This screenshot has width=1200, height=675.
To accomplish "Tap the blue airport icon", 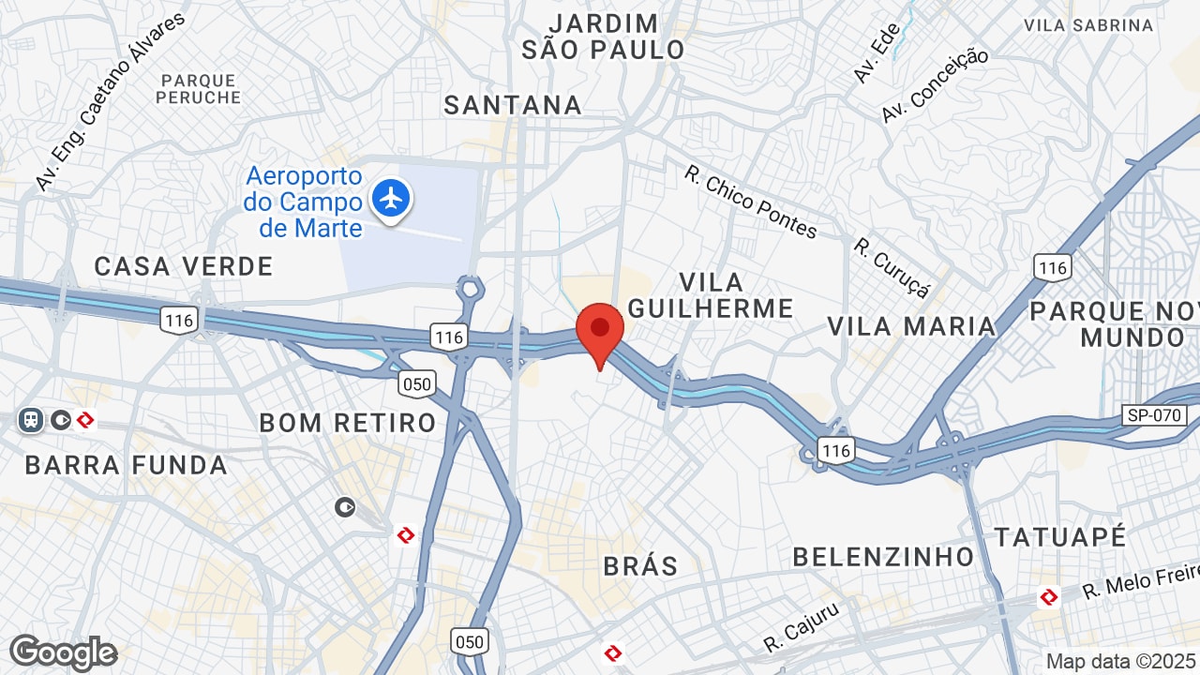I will point(390,198).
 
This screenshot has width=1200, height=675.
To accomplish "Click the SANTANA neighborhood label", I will point(513,105).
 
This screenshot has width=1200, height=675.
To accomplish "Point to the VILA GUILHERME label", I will point(711,294).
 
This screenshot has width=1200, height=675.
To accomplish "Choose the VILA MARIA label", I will point(910,326).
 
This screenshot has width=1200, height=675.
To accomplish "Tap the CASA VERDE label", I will point(184,266).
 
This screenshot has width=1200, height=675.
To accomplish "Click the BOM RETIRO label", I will point(348,423).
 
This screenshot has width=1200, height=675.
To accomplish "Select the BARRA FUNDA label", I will point(127,465).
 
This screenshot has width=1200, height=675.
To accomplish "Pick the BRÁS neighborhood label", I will point(640,566).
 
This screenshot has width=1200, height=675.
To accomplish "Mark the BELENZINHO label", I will point(883,557).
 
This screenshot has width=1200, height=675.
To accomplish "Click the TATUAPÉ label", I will point(1059,537).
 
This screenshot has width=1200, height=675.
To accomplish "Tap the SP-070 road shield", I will point(1154,415).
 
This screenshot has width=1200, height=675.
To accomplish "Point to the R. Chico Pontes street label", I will point(750,201).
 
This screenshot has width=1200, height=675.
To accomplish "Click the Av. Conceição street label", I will point(935,85).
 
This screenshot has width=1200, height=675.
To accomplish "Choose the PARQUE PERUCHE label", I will point(199,88).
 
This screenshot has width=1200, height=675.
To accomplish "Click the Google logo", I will point(63,652).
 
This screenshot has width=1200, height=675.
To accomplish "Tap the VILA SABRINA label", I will point(1088,25).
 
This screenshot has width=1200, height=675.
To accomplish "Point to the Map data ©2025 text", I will point(1121,661).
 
